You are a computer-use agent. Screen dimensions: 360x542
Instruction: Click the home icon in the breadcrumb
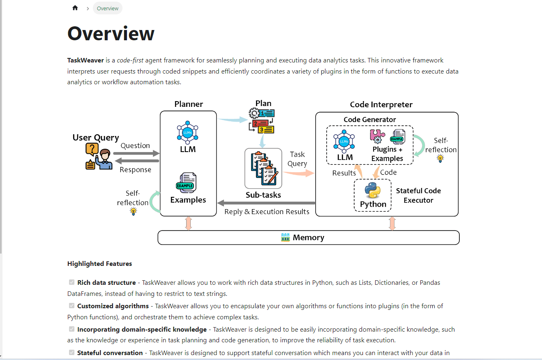pos(75,8)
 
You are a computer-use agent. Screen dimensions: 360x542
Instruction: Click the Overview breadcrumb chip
pos(108,8)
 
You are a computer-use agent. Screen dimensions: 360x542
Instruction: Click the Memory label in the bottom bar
pos(308,238)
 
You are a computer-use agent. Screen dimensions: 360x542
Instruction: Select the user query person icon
pos(99,157)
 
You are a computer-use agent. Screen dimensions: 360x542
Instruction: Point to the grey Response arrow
pos(136,161)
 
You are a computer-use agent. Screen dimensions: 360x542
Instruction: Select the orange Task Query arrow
pos(298,173)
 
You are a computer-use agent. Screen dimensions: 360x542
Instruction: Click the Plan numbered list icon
pos(262,120)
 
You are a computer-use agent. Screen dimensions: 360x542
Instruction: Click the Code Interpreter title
pos(381,104)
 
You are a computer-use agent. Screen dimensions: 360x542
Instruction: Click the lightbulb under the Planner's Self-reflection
pos(133,212)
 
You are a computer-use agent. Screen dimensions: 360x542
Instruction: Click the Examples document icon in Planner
pos(186,182)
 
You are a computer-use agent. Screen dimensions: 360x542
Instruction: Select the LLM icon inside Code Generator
pos(344,141)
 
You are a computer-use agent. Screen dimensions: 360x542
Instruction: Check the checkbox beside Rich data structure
pos(72,282)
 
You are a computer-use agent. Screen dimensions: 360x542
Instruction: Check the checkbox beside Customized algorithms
pos(72,306)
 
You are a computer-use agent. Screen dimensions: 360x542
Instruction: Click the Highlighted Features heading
pos(99,264)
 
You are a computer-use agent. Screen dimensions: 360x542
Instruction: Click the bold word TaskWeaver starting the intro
pos(85,60)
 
